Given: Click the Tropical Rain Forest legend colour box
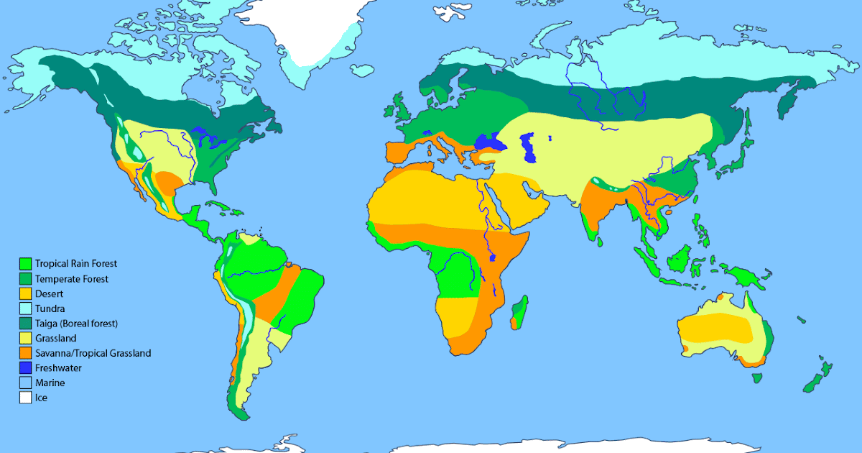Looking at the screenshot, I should click(x=26, y=264).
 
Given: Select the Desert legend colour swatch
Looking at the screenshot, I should click(x=26, y=293).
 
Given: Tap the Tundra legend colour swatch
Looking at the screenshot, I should click(x=26, y=308).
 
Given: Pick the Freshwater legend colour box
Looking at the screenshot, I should click(x=26, y=367).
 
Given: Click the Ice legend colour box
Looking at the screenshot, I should click(x=26, y=397).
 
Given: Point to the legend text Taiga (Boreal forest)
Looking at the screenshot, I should click(x=76, y=324).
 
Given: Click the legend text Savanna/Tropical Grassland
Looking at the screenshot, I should click(x=93, y=353).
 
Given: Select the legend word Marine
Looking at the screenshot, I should click(x=50, y=383).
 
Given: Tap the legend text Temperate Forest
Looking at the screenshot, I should click(x=72, y=279).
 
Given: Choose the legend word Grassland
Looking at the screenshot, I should click(x=55, y=338).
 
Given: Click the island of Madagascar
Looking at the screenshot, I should click(x=519, y=312).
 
